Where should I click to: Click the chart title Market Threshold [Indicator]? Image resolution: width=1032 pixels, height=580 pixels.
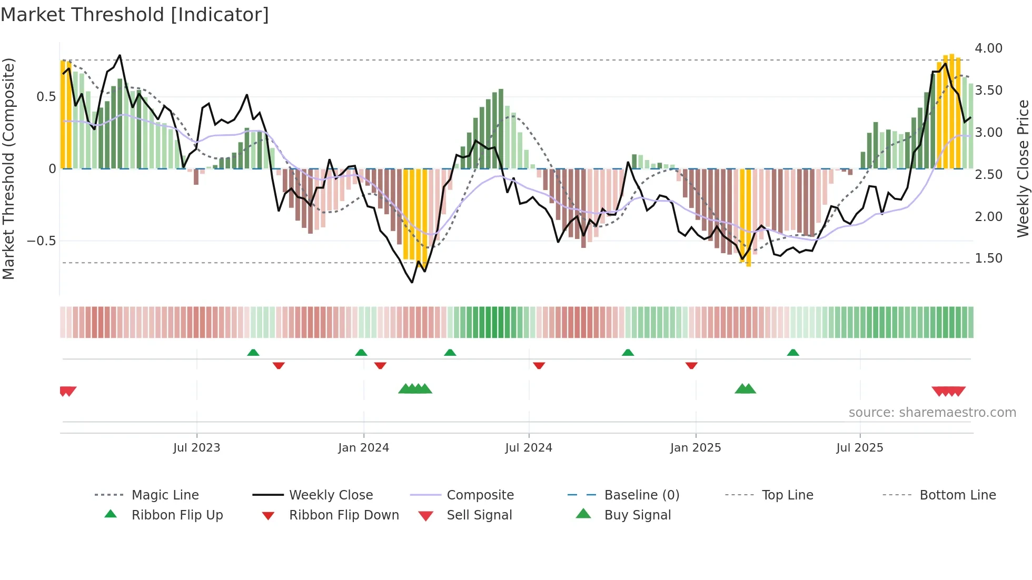[x=135, y=15]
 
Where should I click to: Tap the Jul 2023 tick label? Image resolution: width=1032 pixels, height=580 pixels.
[x=196, y=448]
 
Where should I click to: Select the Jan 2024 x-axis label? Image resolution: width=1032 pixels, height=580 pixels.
[x=363, y=448]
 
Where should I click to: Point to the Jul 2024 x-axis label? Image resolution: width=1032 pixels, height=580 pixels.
[x=529, y=448]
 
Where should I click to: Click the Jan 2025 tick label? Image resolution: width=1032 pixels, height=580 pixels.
[x=696, y=448]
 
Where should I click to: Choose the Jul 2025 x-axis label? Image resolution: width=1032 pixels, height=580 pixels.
[x=860, y=448]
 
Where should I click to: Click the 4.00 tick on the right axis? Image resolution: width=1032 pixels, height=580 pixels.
[x=988, y=48]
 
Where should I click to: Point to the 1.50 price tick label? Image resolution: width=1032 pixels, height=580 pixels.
[x=988, y=258]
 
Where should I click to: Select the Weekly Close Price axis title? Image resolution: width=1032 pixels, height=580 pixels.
[x=1023, y=168]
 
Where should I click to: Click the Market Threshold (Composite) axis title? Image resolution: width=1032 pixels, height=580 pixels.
[x=8, y=168]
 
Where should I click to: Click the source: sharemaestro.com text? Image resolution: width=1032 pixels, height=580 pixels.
[x=932, y=413]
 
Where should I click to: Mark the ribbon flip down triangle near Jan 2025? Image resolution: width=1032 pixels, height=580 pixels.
[x=691, y=365]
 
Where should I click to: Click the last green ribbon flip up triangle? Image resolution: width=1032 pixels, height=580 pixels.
[x=793, y=353]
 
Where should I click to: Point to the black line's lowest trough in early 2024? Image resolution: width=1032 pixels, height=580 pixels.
[x=412, y=282]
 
